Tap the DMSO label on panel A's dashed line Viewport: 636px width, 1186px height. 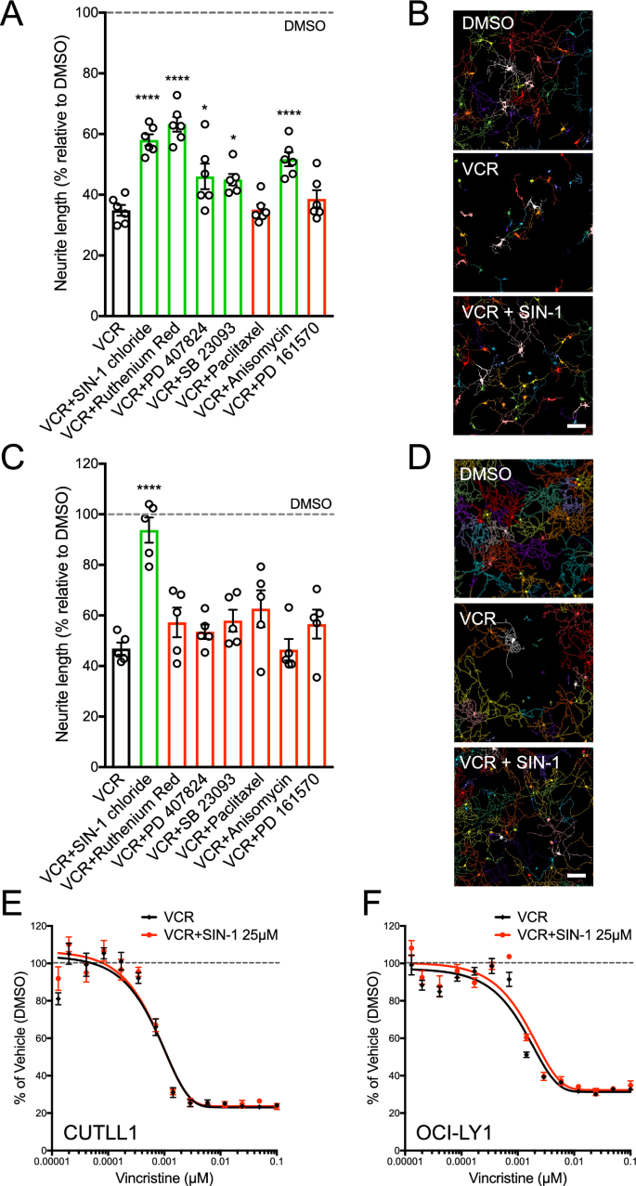[305, 26]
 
